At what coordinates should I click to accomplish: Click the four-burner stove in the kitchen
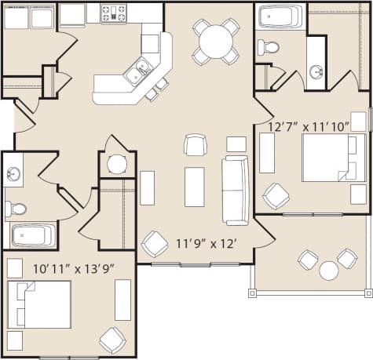point(114,13)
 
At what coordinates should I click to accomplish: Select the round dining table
point(216,38)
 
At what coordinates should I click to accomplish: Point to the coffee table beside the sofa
point(194,187)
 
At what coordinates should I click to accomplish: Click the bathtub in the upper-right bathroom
point(282,16)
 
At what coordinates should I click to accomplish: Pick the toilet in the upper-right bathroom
point(269,46)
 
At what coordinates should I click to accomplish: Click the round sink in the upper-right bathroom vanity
point(316,72)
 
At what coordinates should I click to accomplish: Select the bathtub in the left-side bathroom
point(32,235)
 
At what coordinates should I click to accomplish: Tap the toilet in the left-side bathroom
point(15,209)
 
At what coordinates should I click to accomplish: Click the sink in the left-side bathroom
point(13,173)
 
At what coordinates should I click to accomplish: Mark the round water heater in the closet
point(117,164)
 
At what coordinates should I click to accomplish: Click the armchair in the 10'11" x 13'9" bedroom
point(112,340)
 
